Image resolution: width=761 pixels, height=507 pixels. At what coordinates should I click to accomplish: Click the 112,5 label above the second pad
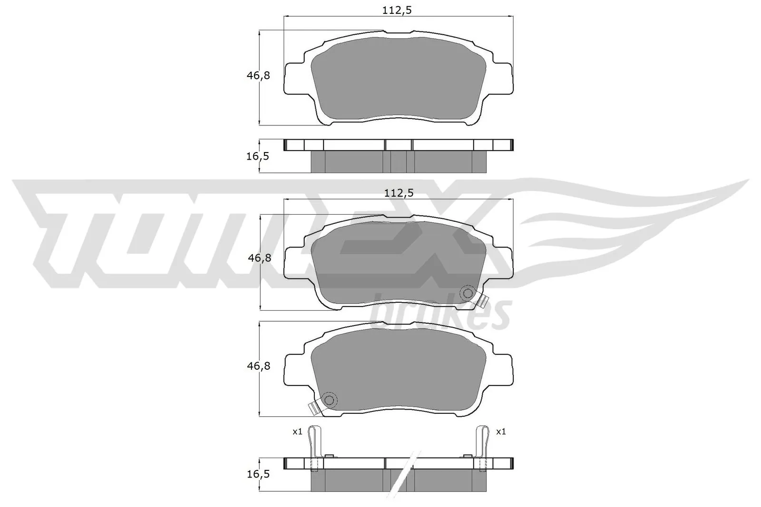pyautogui.click(x=399, y=193)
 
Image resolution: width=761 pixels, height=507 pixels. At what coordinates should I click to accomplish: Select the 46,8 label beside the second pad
pyautogui.click(x=259, y=258)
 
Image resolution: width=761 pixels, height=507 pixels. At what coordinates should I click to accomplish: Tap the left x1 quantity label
pyautogui.click(x=297, y=432)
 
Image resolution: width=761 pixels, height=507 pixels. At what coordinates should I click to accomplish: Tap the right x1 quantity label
pyautogui.click(x=501, y=432)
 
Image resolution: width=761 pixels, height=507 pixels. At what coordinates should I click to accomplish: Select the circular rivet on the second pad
pyautogui.click(x=468, y=293)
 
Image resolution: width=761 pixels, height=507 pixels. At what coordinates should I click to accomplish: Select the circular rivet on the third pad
pyautogui.click(x=329, y=401)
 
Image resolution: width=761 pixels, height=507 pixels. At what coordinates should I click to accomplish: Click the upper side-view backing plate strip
pyautogui.click(x=399, y=145)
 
